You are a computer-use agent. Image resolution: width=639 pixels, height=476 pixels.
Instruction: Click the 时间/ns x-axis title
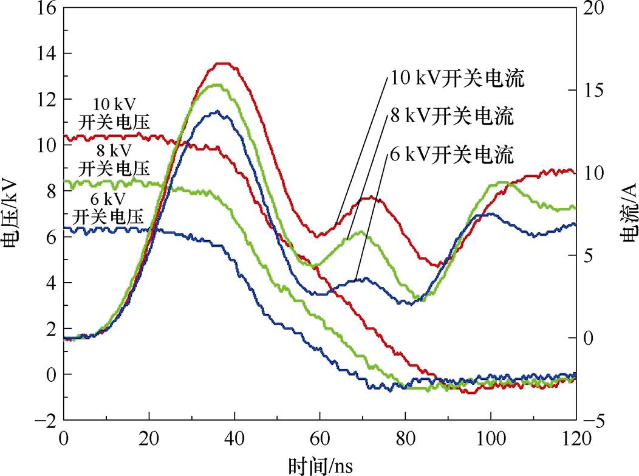319,465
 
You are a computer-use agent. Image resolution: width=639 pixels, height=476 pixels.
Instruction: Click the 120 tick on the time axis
575,436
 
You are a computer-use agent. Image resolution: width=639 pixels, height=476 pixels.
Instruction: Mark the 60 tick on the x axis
319,436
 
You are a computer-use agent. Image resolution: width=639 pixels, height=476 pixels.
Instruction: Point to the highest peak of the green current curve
216,85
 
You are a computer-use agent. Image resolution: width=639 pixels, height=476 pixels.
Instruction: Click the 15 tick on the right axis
594,90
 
